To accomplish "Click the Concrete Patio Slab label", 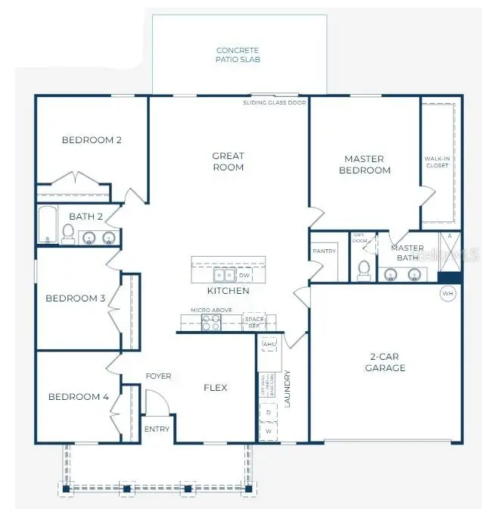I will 238,55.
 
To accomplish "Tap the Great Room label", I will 228,161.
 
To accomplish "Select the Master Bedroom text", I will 364,164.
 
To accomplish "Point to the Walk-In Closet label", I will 437,162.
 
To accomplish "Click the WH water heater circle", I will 447,293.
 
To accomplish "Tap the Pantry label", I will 324,251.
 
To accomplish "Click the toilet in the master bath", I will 363,268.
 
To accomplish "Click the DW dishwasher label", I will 244,276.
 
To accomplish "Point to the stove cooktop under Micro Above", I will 210,323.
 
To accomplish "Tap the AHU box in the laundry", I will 269,345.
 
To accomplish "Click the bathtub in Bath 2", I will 47,225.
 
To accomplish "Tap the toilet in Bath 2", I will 68,235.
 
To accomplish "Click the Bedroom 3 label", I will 76,298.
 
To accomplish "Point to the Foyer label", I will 158,376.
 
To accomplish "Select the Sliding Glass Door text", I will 275,102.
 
